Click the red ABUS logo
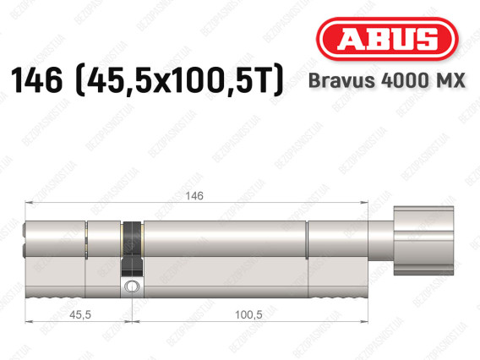387,39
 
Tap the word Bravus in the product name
341,81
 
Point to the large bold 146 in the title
36,80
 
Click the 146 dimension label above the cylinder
194,195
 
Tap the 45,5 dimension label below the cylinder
80,314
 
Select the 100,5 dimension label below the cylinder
248,314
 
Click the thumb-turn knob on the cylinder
423,241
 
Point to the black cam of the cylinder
132,248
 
